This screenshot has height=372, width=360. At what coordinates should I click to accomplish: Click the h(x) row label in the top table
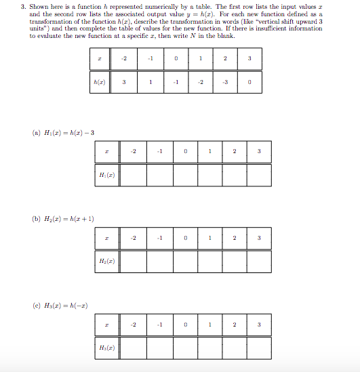(100, 83)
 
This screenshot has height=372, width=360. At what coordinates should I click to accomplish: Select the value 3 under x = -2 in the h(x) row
(125, 83)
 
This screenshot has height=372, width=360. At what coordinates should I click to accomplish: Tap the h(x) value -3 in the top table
(225, 83)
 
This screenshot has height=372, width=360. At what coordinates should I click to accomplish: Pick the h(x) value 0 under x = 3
(250, 83)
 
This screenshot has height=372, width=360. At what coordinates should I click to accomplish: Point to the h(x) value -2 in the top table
(200, 83)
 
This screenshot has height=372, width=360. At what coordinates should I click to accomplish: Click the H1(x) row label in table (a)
(108, 174)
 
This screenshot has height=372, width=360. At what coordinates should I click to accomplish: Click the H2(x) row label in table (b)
(108, 261)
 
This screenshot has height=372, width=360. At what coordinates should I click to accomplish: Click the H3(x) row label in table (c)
(108, 348)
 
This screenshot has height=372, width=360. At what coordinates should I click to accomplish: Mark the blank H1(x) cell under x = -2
(134, 174)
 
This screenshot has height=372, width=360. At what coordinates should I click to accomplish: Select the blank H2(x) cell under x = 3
(259, 261)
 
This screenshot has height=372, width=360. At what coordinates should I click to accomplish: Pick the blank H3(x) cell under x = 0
(184, 348)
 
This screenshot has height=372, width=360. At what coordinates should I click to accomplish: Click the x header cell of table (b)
(108, 239)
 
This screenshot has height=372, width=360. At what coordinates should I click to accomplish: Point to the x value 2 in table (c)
(234, 325)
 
